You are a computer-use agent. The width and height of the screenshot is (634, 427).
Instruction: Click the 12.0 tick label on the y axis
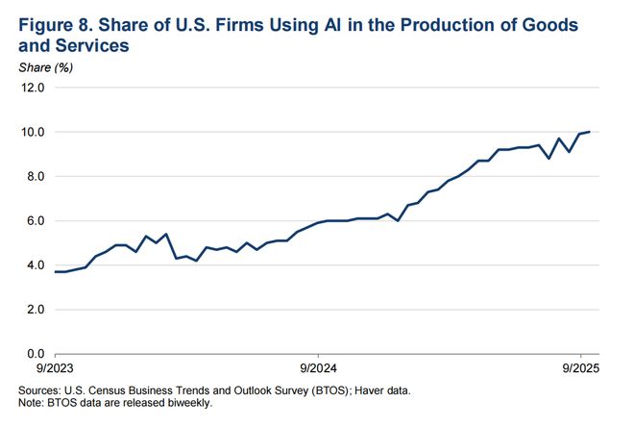(x=34, y=88)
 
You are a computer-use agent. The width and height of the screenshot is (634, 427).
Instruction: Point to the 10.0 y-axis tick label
(x=34, y=132)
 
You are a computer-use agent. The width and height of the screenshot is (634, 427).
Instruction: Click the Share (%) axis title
(x=45, y=66)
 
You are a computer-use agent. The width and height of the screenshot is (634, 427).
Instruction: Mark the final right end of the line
(x=590, y=132)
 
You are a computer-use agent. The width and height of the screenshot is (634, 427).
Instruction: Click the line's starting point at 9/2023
(x=55, y=272)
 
